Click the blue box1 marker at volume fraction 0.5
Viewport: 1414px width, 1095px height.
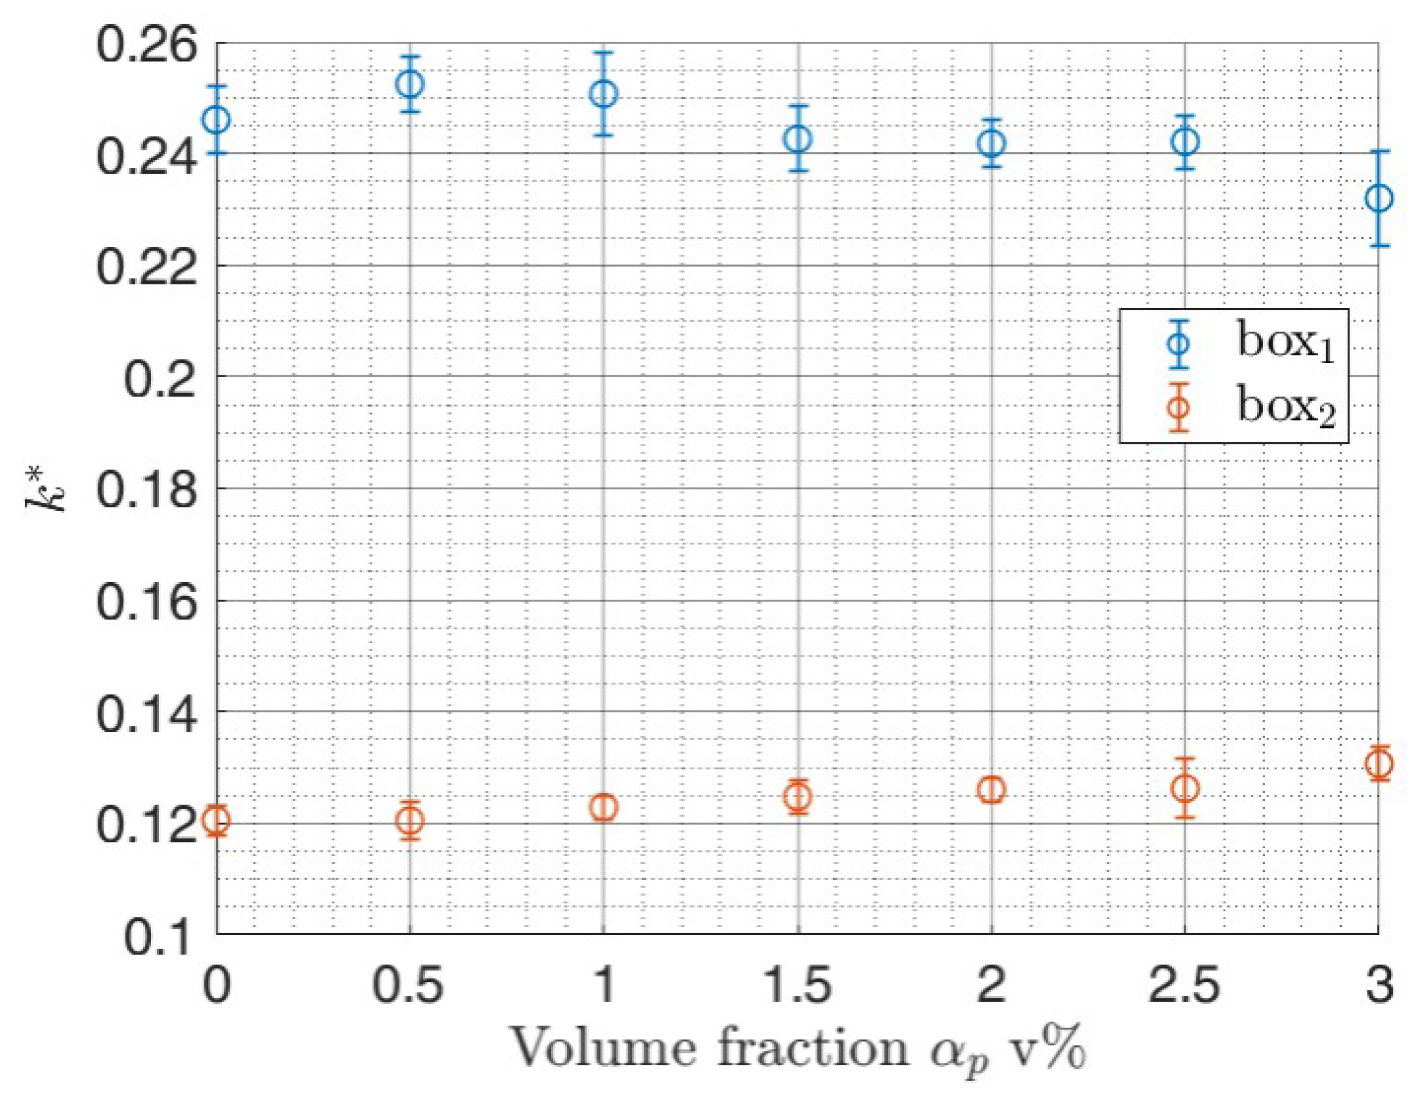point(410,84)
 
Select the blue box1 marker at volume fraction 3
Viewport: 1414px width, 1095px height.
point(1378,198)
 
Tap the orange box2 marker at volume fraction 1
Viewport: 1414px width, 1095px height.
point(603,807)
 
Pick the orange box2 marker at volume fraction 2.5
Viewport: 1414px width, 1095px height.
point(1185,788)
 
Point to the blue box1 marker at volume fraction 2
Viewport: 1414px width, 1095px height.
point(991,143)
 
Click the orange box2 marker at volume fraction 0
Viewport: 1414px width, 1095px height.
point(217,820)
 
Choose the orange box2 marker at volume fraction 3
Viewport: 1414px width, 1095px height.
point(1378,763)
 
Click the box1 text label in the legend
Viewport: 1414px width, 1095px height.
point(1285,343)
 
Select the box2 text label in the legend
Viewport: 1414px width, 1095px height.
point(1285,407)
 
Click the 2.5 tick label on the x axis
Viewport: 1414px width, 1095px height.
point(1185,984)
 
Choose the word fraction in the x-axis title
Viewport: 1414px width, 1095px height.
point(813,1048)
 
